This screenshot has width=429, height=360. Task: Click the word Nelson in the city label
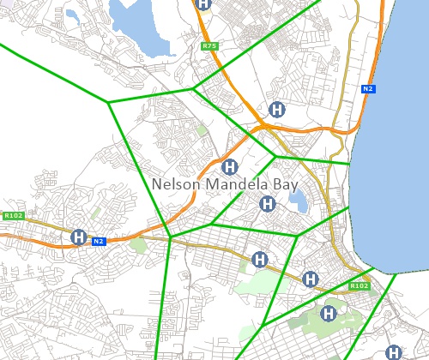coord(174,184)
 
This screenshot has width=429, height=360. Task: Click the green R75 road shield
coord(208,45)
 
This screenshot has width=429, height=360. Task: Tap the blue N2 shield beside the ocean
coord(368,88)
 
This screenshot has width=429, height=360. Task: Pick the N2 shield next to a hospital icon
coord(99,242)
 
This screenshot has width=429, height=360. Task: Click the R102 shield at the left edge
coord(12,216)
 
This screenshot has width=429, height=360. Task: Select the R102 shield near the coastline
coord(359,285)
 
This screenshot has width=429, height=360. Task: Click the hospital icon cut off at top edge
coord(202,3)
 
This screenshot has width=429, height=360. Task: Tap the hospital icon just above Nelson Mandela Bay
coord(229,166)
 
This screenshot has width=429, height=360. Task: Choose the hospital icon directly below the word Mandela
coord(267,204)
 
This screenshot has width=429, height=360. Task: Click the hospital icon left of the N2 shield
coord(79,237)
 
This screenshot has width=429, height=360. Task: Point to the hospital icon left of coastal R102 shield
coord(311,279)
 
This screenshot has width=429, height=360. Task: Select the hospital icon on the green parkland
coord(327,315)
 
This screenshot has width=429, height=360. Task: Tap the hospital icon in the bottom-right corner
coord(394,351)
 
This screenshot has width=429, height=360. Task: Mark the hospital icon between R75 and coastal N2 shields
coord(276,109)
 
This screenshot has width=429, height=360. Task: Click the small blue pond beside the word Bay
coord(298,202)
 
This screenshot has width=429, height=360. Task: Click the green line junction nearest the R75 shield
coord(194,87)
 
